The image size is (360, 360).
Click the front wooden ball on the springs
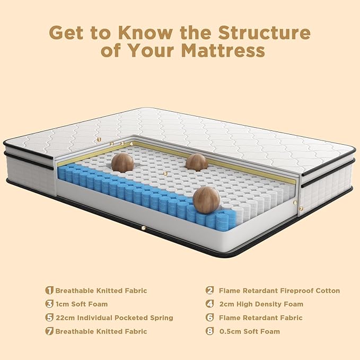[206, 200]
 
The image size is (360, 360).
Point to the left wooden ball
[122, 162]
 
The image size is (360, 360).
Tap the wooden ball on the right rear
[197, 162]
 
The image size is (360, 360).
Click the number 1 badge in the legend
[50, 291]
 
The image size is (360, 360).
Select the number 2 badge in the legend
[210, 291]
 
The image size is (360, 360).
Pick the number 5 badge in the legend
[50, 318]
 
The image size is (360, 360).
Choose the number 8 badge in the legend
[210, 331]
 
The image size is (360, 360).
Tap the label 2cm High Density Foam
[261, 304]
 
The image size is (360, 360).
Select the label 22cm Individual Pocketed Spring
[114, 318]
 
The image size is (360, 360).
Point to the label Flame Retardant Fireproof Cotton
[279, 291]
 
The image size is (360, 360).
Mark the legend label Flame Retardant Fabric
[260, 318]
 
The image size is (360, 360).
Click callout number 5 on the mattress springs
[165, 173]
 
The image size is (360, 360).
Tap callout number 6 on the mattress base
[143, 229]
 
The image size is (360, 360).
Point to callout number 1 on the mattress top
[99, 139]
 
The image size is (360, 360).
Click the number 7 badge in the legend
[50, 331]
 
